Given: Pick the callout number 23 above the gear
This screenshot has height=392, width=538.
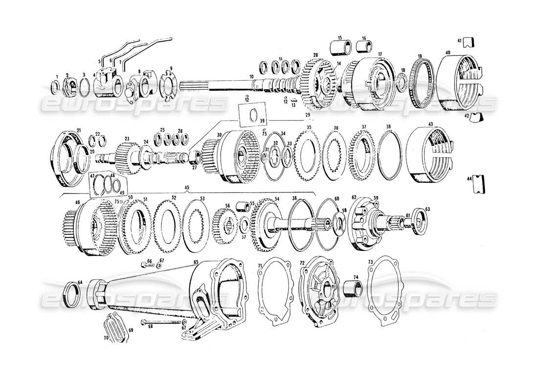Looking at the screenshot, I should (126, 139).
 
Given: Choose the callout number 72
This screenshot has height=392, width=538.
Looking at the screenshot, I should (302, 263).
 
